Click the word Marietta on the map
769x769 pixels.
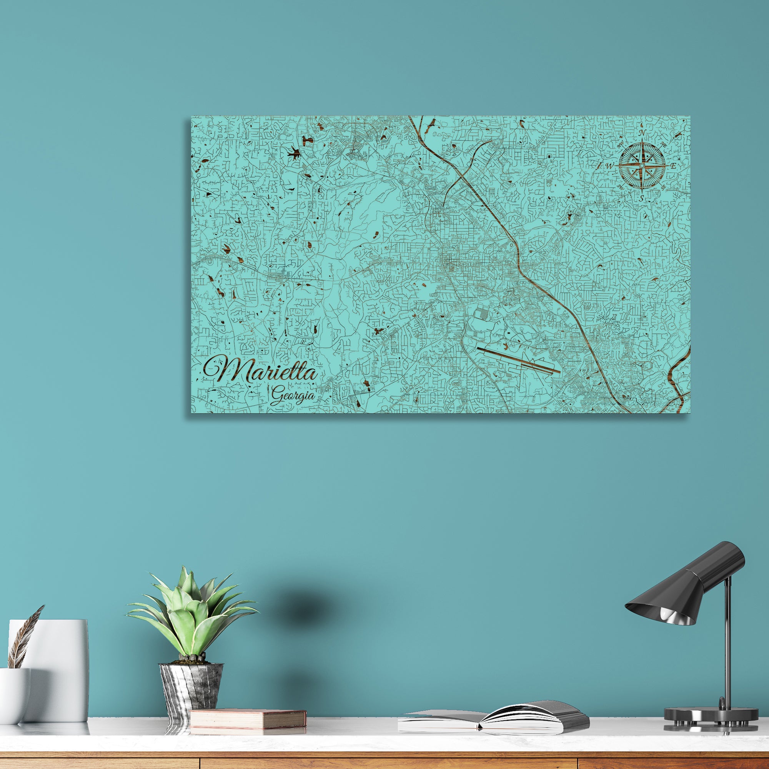[261, 370]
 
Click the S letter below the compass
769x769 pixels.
[642, 198]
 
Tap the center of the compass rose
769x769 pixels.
[642, 166]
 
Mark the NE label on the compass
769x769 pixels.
[663, 145]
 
